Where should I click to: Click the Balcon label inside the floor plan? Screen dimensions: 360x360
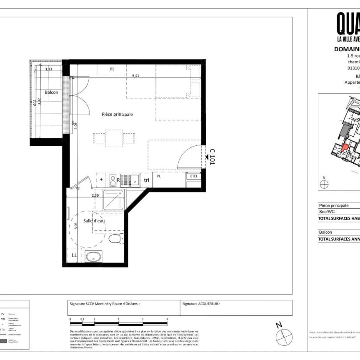[x=52, y=92]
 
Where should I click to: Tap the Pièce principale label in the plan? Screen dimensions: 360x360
[x=117, y=114]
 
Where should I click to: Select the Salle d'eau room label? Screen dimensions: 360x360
[x=94, y=221]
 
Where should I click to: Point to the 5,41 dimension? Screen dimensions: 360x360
[x=136, y=76]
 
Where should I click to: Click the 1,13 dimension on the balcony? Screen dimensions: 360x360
[x=48, y=70]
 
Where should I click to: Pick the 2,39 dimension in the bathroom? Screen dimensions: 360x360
[x=95, y=195]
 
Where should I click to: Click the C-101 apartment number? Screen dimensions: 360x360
[x=212, y=157]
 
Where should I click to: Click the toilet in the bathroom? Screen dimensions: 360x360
[x=114, y=239]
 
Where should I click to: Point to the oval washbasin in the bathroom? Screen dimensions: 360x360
[x=94, y=256]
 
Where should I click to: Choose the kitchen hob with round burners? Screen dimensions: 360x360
[x=112, y=180]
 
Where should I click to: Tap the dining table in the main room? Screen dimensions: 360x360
[x=114, y=137]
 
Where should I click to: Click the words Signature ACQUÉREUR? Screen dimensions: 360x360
[x=201, y=304]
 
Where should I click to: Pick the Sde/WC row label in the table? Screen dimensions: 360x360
[x=327, y=212]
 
